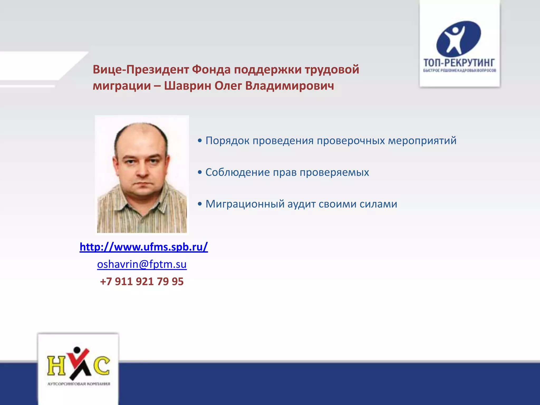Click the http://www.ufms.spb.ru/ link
(144, 247)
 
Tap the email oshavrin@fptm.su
(142, 264)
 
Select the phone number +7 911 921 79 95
(142, 282)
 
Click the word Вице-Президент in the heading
(141, 70)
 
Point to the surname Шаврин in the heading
(187, 86)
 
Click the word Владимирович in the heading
(290, 86)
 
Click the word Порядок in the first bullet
(227, 141)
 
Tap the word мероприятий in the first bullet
(422, 141)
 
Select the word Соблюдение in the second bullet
(238, 172)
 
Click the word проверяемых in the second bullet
(334, 172)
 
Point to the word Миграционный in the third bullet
(245, 204)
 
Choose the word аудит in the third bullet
(301, 204)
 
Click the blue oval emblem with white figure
(459, 39)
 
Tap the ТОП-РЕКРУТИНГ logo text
(459, 63)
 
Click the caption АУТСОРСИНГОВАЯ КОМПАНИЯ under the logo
(79, 384)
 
